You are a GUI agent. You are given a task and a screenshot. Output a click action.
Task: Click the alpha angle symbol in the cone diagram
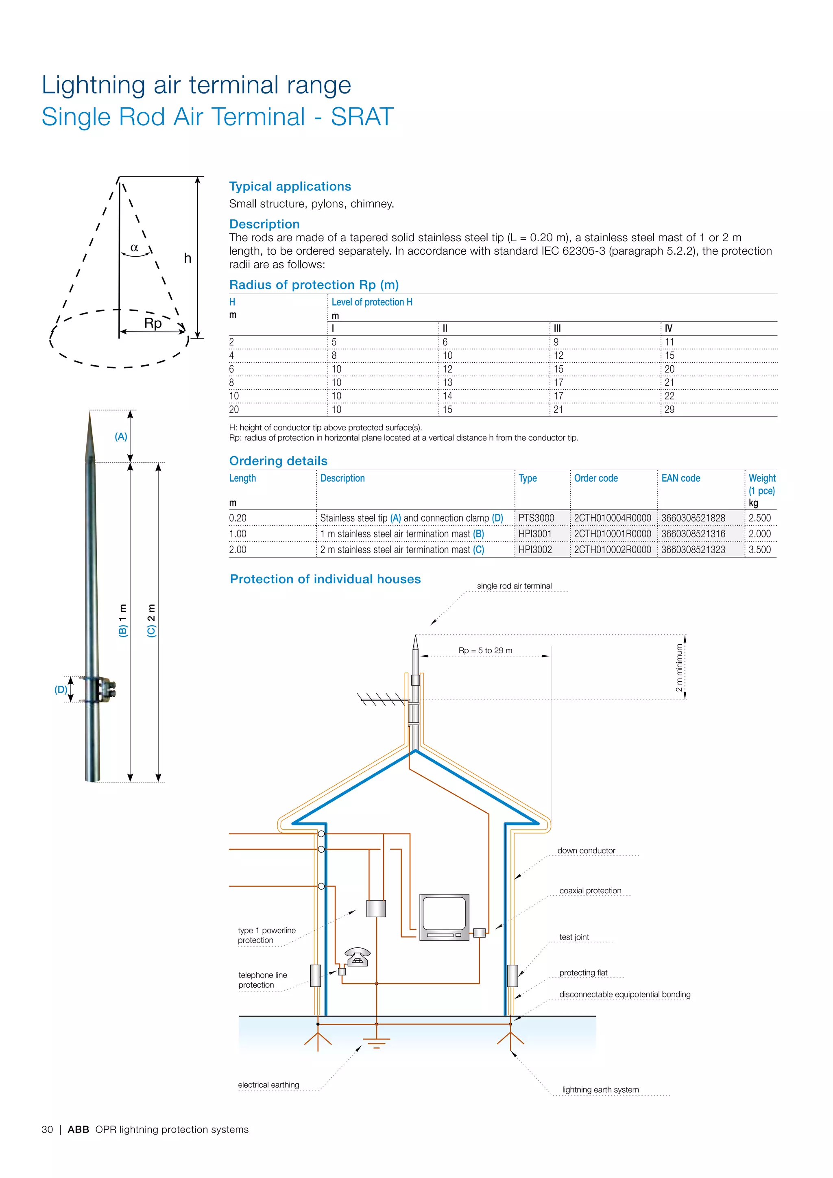point(134,248)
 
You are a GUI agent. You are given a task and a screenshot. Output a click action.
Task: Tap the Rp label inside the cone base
point(153,323)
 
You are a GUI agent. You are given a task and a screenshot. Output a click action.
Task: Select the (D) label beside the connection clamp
point(61,689)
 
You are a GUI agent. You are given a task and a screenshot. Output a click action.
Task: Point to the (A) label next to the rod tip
point(121,436)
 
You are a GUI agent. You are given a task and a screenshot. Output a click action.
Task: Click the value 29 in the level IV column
point(669,410)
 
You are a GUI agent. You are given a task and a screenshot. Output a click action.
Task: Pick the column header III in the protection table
point(557,328)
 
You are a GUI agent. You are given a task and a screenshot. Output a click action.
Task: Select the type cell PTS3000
point(536,518)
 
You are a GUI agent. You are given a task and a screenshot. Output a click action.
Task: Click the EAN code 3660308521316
point(693,534)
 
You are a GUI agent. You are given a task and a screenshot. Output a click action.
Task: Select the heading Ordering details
point(278,461)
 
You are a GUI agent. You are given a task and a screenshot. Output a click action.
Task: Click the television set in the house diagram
point(444,917)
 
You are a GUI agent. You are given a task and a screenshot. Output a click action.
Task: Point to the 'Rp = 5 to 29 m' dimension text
point(485,650)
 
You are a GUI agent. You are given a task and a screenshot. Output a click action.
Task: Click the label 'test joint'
point(574,937)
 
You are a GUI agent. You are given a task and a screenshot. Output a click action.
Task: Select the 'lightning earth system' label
point(600,1089)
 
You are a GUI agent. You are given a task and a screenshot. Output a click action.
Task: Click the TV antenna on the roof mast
point(382,699)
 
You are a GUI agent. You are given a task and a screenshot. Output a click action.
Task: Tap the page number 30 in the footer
point(47,1129)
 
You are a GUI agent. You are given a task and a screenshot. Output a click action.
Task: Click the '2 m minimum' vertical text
point(679,668)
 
